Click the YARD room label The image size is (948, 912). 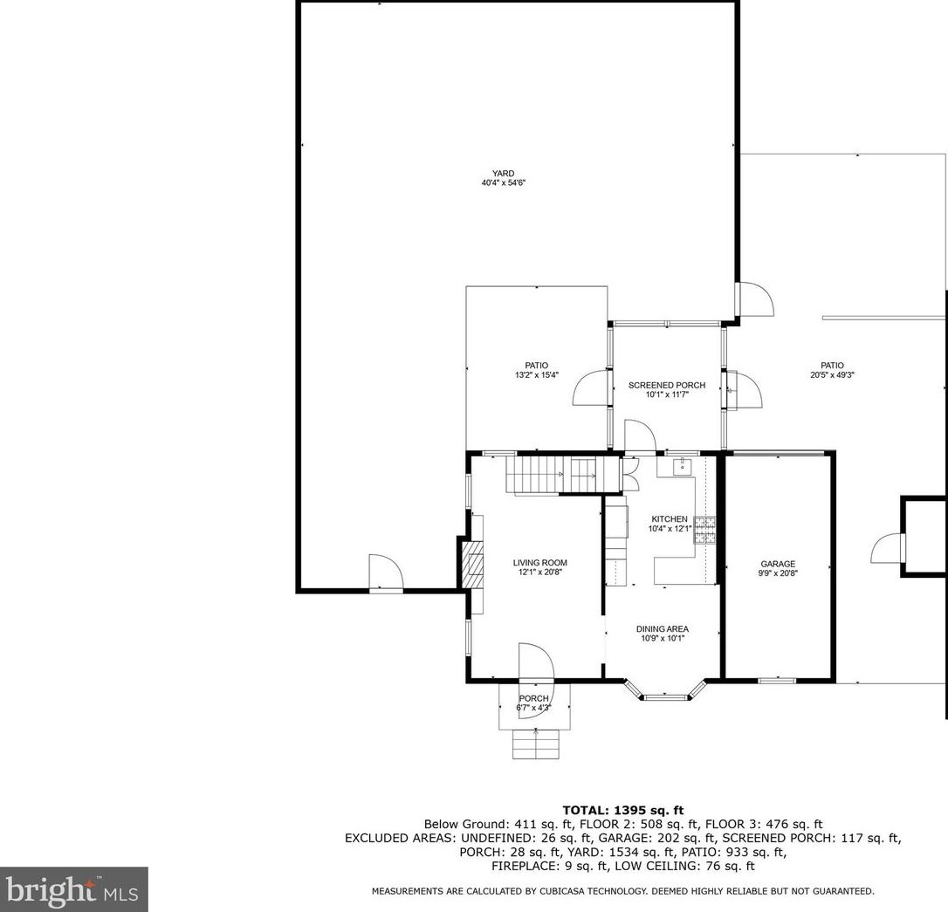click(x=503, y=173)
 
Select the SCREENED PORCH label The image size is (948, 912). click(x=666, y=385)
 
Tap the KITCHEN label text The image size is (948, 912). click(x=668, y=519)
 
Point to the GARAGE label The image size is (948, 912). click(x=777, y=564)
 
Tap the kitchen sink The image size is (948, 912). click(x=681, y=467)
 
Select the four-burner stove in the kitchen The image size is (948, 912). click(x=704, y=531)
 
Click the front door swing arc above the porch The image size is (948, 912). click(x=535, y=662)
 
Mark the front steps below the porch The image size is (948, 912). click(x=535, y=744)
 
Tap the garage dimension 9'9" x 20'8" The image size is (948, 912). click(x=777, y=573)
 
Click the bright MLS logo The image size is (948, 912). click(x=73, y=889)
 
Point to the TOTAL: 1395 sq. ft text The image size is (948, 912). click(x=622, y=811)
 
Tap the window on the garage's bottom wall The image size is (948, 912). click(x=776, y=680)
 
